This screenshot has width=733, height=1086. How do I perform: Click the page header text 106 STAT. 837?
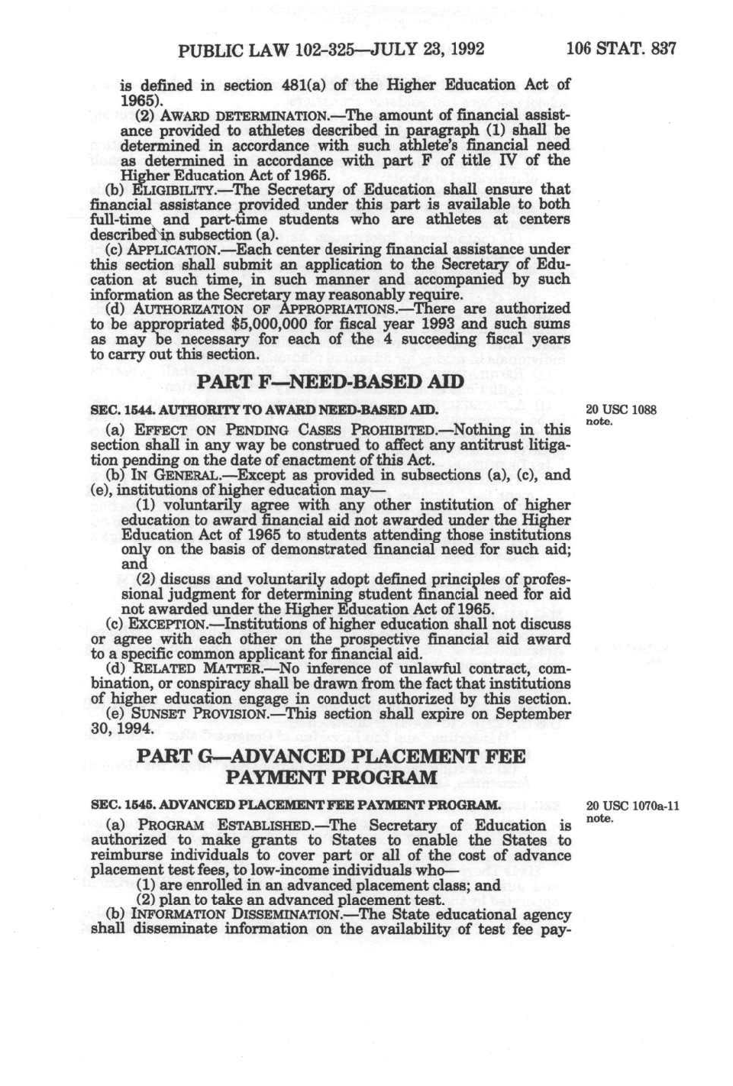(x=621, y=50)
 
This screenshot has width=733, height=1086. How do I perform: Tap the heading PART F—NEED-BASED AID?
(x=330, y=382)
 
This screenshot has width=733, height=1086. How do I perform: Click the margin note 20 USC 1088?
(x=621, y=410)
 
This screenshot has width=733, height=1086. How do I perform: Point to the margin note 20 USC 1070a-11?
(x=632, y=806)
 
